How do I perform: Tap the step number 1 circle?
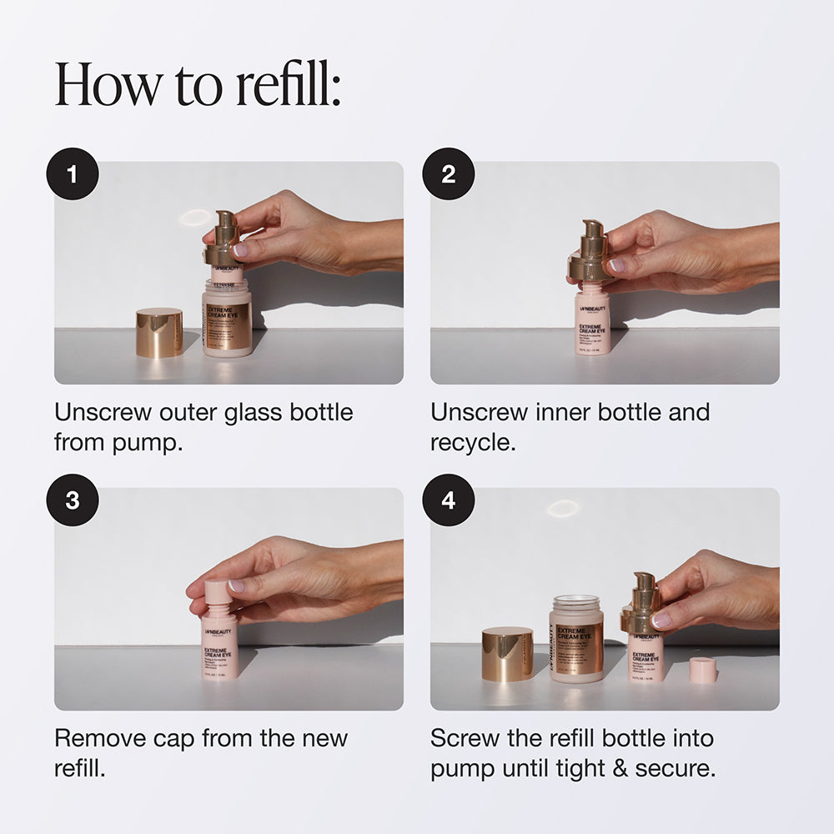[x=73, y=174]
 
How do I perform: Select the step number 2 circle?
[x=449, y=174]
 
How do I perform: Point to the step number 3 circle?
[x=73, y=500]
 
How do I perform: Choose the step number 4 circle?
[x=449, y=500]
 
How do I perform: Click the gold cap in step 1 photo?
[x=159, y=332]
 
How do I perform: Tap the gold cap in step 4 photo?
[x=507, y=654]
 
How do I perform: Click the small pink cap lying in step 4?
[x=703, y=670]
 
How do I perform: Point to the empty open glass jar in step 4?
[x=576, y=638]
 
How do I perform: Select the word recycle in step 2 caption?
[x=471, y=442]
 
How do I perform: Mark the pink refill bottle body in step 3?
[x=219, y=646]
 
